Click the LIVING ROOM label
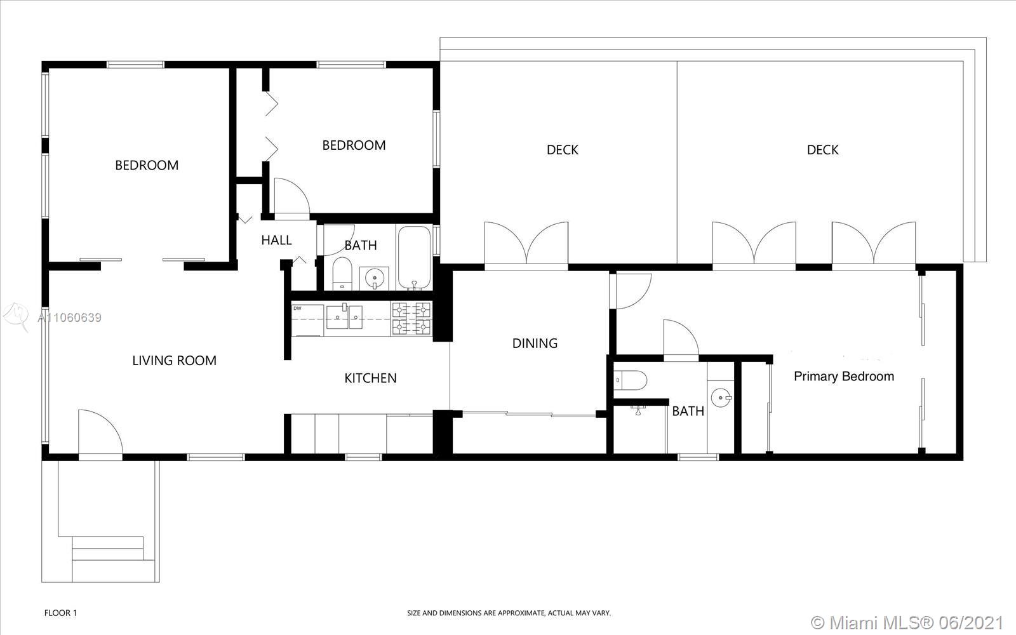(x=174, y=361)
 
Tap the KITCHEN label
(x=370, y=378)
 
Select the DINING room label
(x=535, y=344)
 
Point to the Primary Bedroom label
(x=844, y=377)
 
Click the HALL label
(x=276, y=240)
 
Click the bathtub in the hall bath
(x=414, y=257)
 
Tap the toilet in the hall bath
(x=342, y=274)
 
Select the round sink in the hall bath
(x=374, y=277)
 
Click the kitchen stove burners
(x=411, y=318)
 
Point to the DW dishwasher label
(x=297, y=309)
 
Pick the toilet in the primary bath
(x=630, y=380)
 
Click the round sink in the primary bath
(x=721, y=398)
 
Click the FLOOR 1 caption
(x=61, y=613)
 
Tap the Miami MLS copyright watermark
(x=907, y=622)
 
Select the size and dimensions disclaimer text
(x=509, y=613)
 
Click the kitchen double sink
(x=344, y=317)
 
